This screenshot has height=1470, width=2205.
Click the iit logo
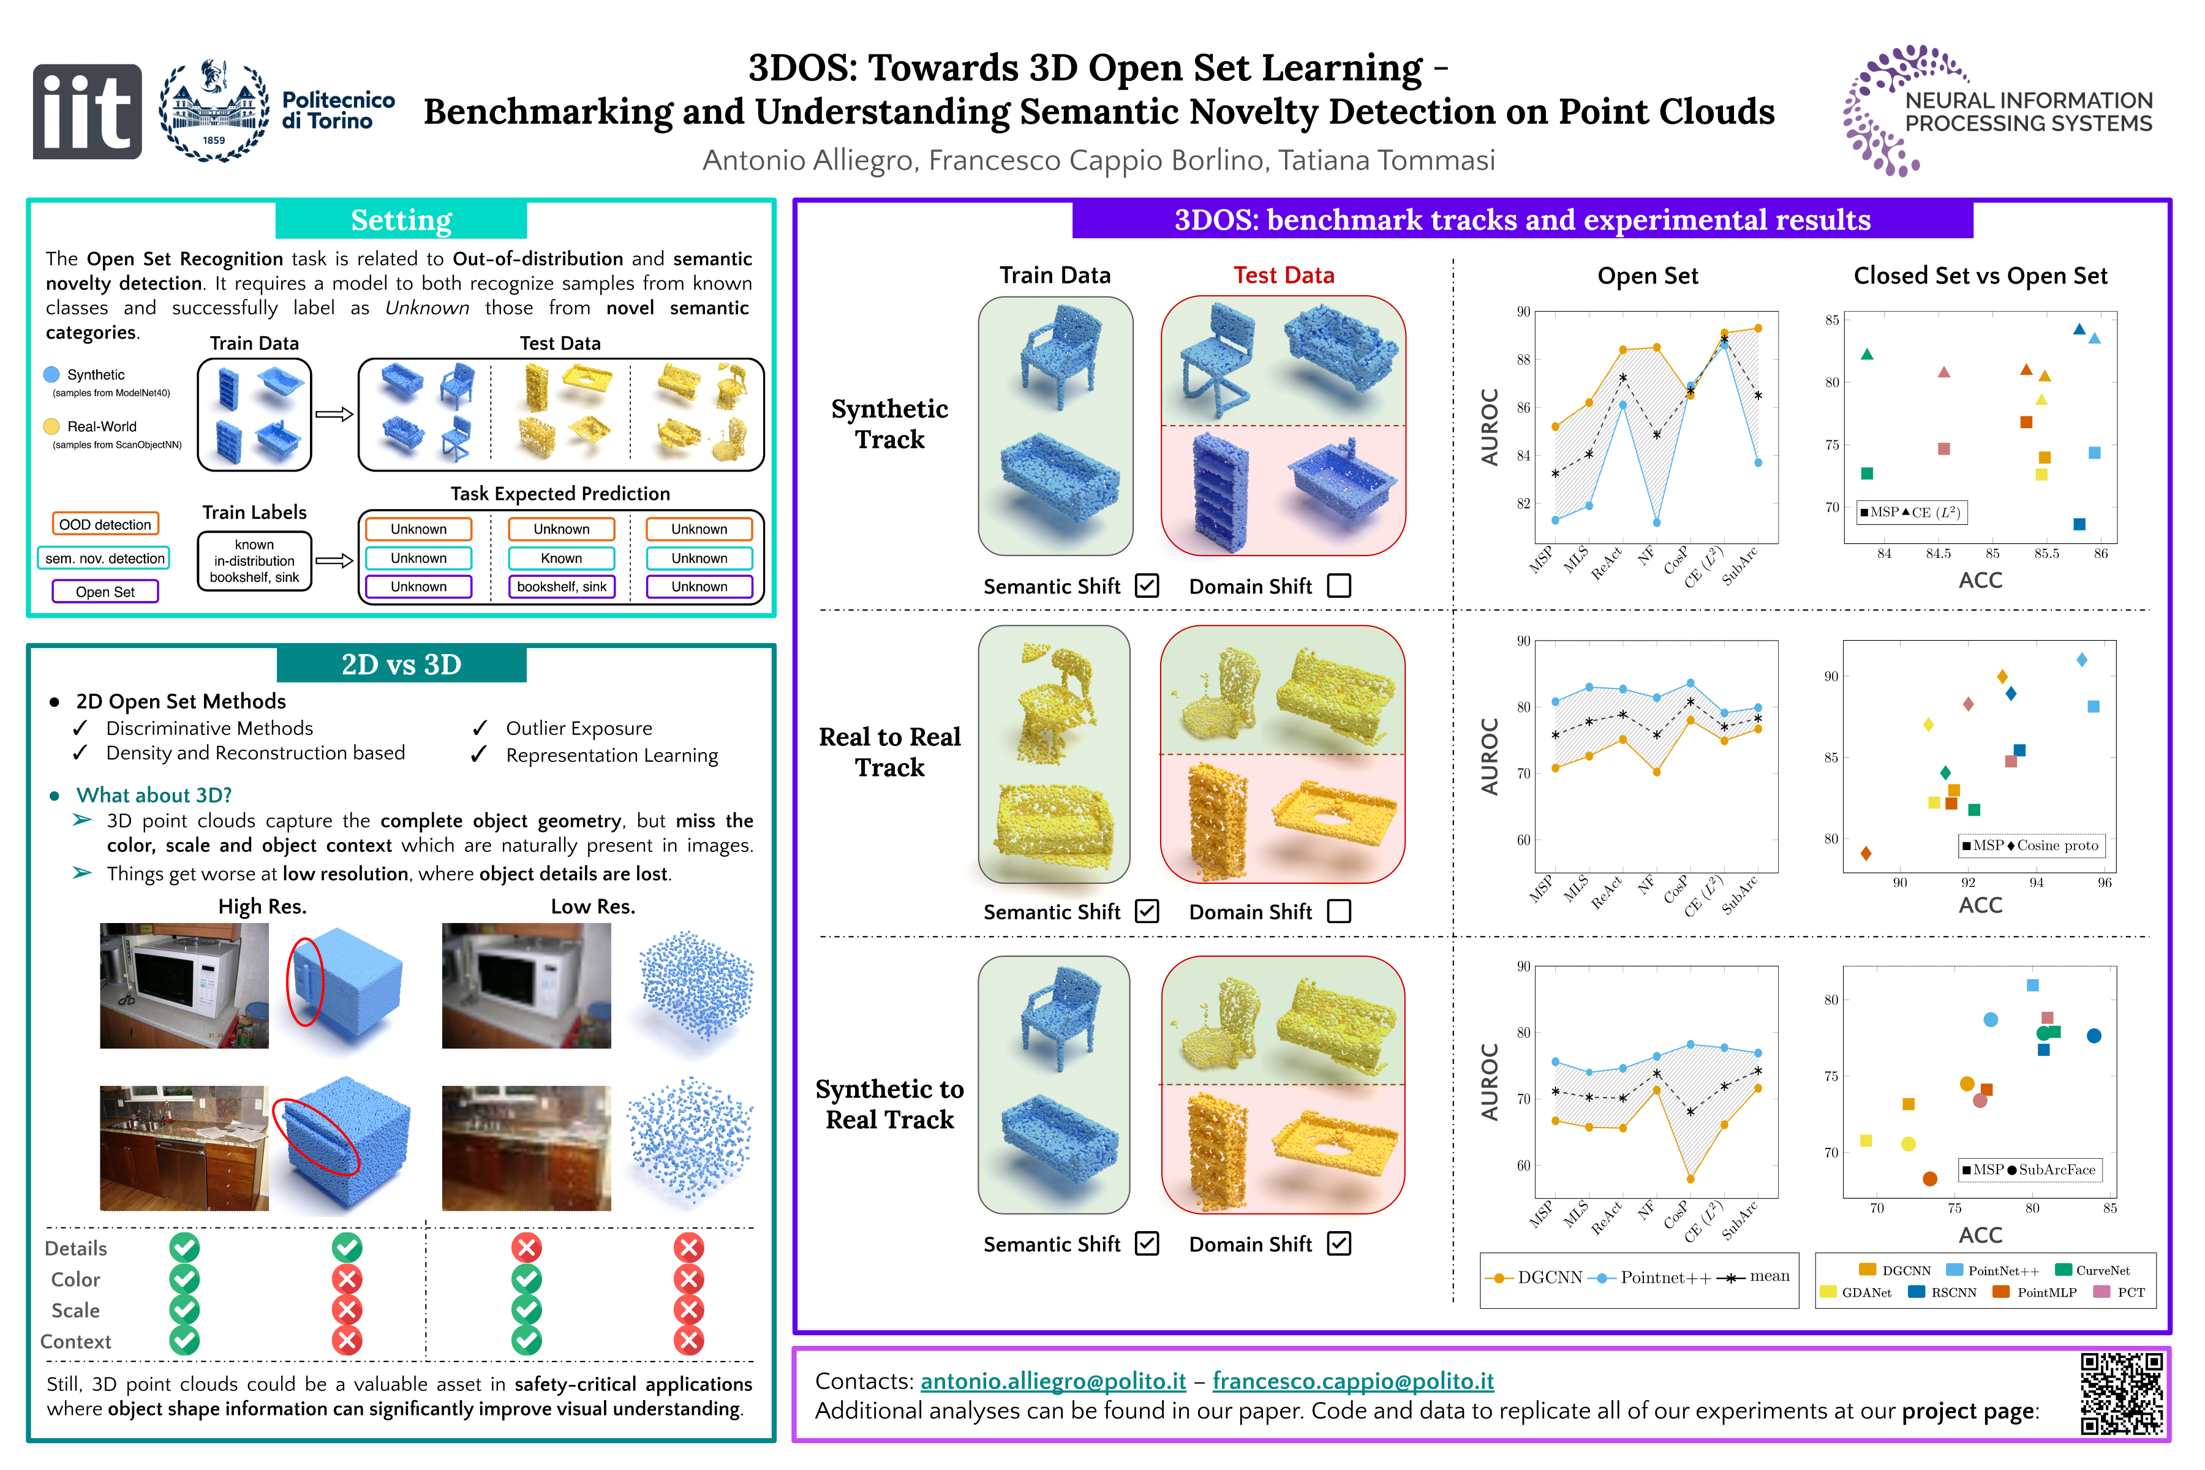coord(87,111)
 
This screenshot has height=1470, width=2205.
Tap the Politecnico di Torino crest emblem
coord(214,111)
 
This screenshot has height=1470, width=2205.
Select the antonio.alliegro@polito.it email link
coord(1053,1381)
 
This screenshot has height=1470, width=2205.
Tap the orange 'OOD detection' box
coord(105,524)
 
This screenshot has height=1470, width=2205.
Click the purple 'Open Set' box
coord(105,592)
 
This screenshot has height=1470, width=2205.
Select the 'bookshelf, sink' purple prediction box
coord(562,587)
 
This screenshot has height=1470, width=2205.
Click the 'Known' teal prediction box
coord(562,558)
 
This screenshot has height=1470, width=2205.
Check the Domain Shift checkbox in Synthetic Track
coord(1340,586)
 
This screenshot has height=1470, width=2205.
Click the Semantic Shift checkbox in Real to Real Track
coord(1147,911)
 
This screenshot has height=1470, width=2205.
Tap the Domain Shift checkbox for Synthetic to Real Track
coord(1340,1243)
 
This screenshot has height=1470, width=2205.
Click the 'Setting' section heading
coord(401,221)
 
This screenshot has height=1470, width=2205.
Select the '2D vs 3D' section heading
coord(401,664)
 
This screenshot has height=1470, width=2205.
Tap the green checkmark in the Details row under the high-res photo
coord(185,1248)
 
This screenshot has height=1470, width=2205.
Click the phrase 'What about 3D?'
coord(154,795)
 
